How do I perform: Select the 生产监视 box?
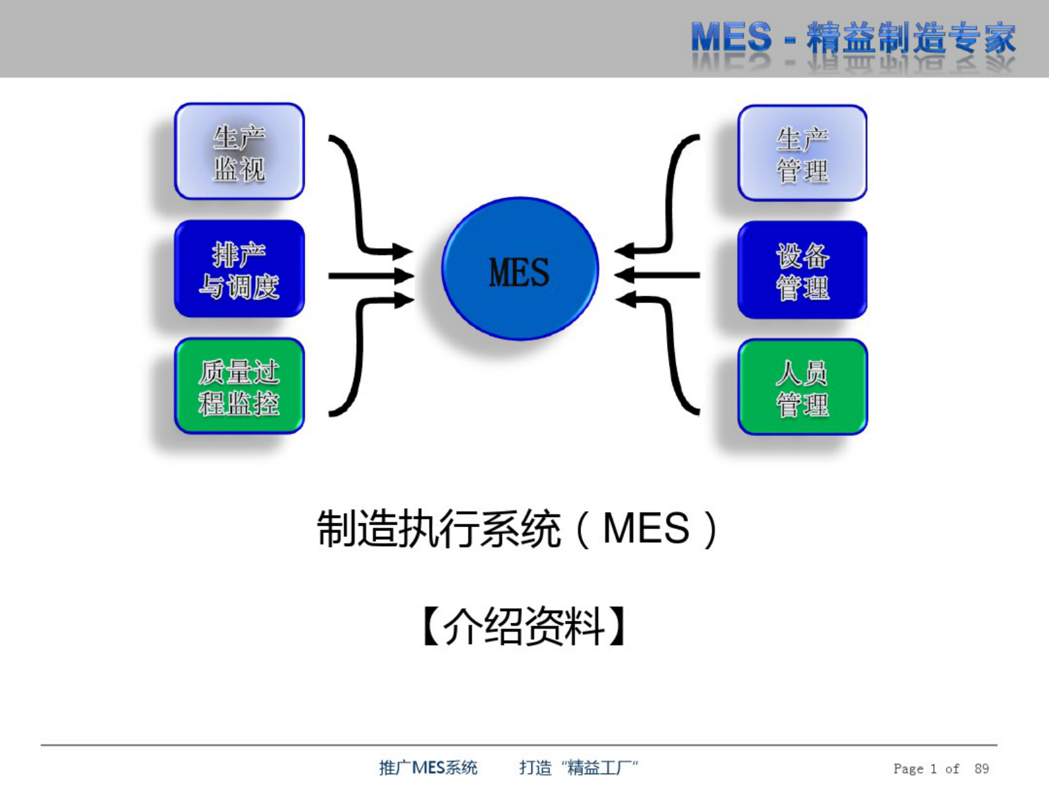(x=239, y=152)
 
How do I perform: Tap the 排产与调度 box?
(x=239, y=269)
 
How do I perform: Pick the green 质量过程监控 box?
(x=239, y=387)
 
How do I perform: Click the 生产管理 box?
(x=802, y=153)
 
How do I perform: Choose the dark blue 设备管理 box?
(x=802, y=271)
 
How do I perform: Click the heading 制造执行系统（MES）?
(x=518, y=528)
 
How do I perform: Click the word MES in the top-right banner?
(x=730, y=38)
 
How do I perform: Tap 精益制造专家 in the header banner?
(x=911, y=38)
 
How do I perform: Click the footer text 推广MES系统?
(x=428, y=768)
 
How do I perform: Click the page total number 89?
(x=982, y=768)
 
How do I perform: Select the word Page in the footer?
(x=908, y=768)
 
